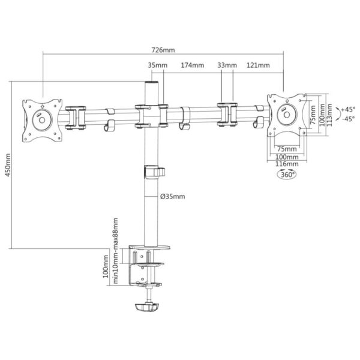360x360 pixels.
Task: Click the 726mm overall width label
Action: (x=163, y=50)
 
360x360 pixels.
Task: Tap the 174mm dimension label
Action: (x=193, y=65)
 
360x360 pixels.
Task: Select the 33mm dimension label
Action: (x=227, y=65)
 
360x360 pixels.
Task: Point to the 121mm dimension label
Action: (x=258, y=65)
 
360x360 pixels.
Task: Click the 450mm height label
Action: (x=8, y=165)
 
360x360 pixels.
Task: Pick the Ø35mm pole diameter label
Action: (x=172, y=197)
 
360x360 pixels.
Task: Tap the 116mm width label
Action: (x=287, y=164)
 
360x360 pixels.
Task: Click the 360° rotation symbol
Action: (x=287, y=174)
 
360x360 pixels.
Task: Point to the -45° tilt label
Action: (x=348, y=119)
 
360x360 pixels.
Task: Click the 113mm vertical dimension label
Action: (x=329, y=115)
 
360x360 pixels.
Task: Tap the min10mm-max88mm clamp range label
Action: (x=115, y=251)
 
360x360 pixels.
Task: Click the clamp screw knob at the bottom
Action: (x=147, y=307)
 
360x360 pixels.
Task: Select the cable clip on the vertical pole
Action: (x=155, y=172)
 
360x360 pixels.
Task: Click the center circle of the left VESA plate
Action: (x=42, y=120)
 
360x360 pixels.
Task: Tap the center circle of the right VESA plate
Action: (x=287, y=115)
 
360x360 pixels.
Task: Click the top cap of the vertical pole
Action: (x=151, y=82)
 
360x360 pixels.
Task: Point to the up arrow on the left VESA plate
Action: (x=43, y=107)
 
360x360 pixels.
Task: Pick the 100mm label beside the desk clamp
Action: (x=106, y=266)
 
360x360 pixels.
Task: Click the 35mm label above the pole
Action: (x=157, y=65)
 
